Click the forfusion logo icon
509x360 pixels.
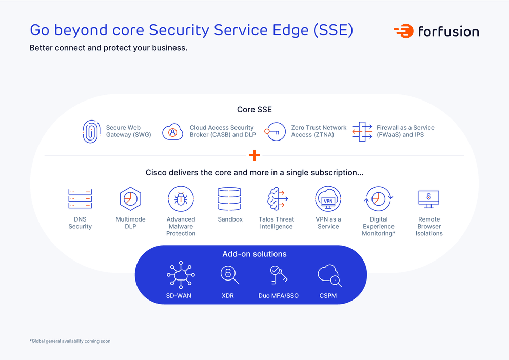[x=404, y=31]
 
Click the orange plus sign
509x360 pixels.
[x=254, y=155]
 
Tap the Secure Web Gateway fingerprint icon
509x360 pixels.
[x=91, y=131]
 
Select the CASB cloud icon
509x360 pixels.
[x=172, y=132]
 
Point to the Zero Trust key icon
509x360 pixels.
[x=275, y=132]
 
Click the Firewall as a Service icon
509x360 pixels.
[x=362, y=132]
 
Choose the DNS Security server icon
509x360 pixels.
[x=80, y=199]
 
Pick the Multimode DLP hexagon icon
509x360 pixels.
[x=130, y=199]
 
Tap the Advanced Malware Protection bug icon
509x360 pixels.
[x=181, y=199]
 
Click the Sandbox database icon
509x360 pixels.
[x=229, y=199]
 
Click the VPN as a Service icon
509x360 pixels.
[x=328, y=199]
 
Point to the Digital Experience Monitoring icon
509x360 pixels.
[x=378, y=199]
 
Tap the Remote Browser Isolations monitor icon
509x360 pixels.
[x=428, y=198]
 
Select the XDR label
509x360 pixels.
[x=227, y=296]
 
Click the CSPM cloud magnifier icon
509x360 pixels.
[x=329, y=275]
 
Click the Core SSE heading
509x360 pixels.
[x=254, y=109]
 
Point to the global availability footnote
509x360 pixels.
[x=70, y=341]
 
